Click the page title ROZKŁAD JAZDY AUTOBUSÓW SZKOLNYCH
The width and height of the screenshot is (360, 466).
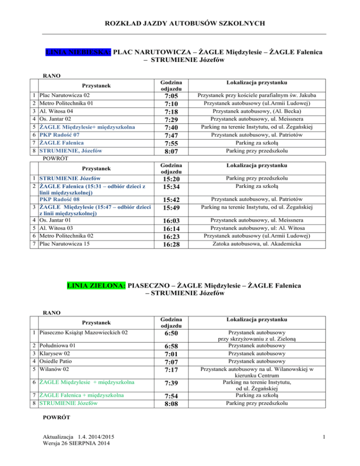(x=180, y=23)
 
